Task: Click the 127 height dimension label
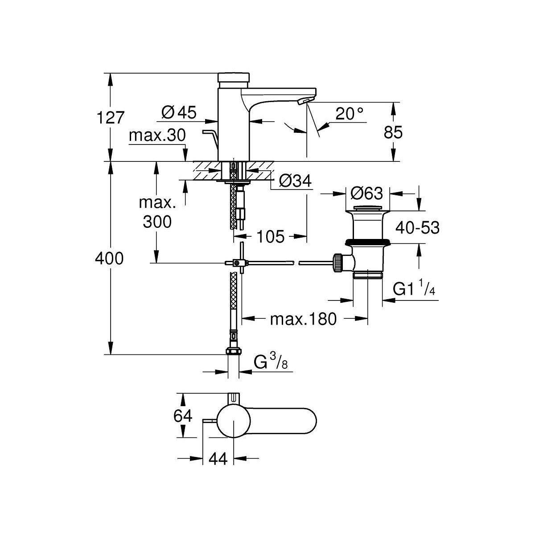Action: tap(110, 118)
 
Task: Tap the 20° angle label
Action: tap(350, 114)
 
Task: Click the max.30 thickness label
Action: tap(157, 136)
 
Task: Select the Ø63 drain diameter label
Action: tap(366, 194)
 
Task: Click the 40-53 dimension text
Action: tap(417, 228)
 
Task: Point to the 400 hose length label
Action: tap(110, 258)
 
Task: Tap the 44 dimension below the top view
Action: tap(217, 459)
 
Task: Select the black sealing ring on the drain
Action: tap(368, 242)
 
